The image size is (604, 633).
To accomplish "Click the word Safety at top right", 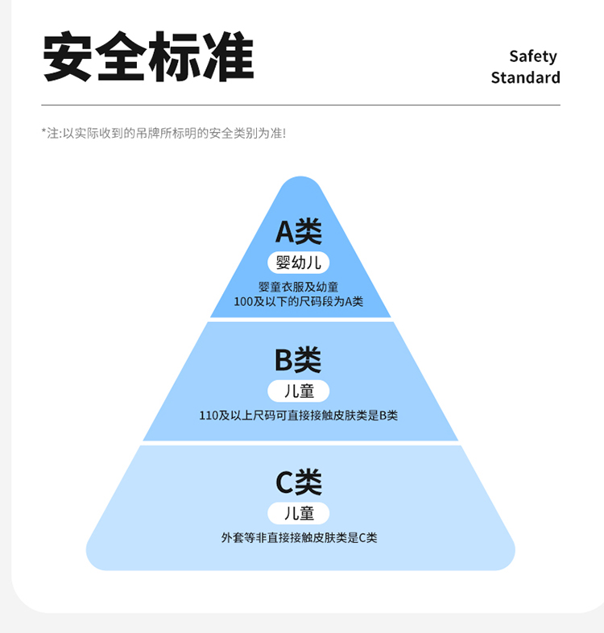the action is (x=532, y=56).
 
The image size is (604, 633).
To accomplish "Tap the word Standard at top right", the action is (x=525, y=78).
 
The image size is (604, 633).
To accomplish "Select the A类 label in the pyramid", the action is (x=299, y=232).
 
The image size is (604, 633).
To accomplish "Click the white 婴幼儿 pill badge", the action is (x=299, y=262).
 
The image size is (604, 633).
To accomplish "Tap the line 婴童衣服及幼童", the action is (x=299, y=287).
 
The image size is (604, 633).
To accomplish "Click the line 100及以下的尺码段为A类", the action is (x=299, y=301).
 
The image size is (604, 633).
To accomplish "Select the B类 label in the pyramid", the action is (x=298, y=360).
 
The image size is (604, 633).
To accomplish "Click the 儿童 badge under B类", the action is (x=299, y=391).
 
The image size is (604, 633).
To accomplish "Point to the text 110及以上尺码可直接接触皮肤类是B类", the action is (x=299, y=416).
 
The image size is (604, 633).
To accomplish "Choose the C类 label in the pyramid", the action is (x=299, y=482).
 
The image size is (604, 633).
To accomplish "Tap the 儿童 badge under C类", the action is (x=299, y=513).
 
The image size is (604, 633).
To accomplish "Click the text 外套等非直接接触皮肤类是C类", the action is (x=299, y=537).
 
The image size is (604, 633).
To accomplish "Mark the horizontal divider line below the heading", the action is (x=300, y=105).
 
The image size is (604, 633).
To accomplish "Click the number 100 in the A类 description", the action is (x=243, y=301).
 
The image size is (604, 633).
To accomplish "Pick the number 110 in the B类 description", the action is (x=209, y=416).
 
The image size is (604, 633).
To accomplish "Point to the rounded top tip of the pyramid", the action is (x=300, y=183).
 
